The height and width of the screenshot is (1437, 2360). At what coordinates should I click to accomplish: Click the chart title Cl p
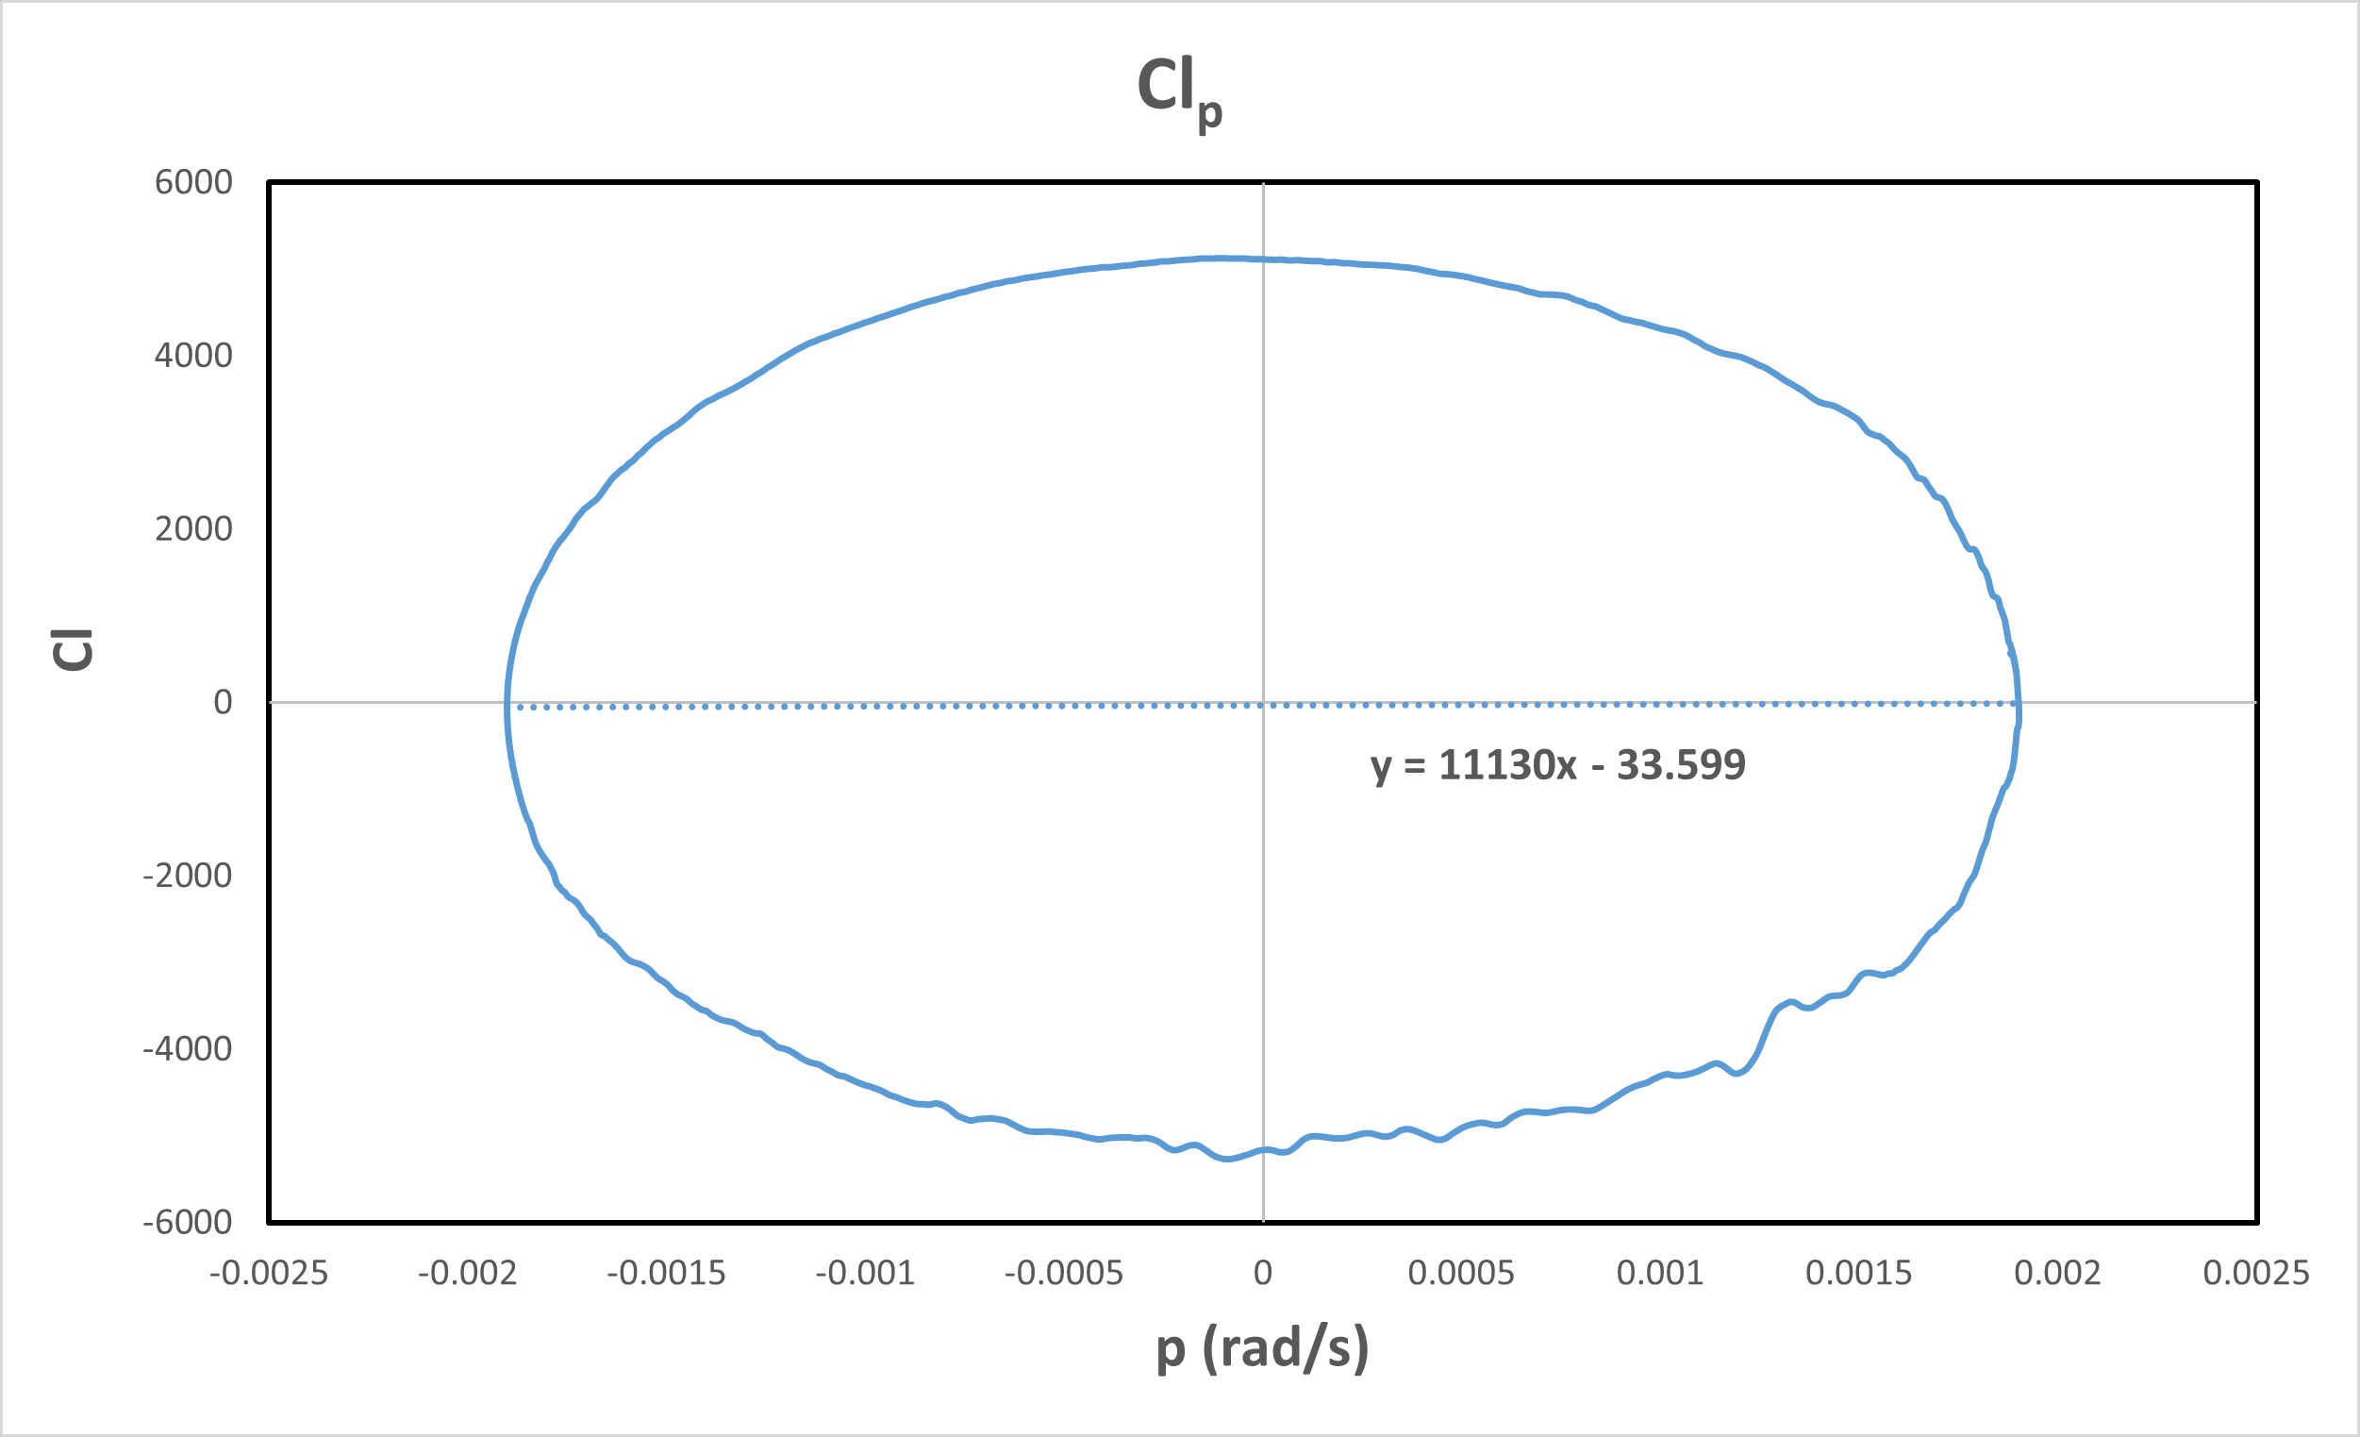coord(1178,91)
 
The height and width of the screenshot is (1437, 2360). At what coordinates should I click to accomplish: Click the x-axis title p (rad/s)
coord(1262,1348)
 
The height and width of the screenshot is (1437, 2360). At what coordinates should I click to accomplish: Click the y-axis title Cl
coord(73,649)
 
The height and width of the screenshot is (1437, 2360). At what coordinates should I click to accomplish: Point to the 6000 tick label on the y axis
coord(193,182)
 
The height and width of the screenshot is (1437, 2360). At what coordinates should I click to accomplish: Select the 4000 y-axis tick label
coord(193,356)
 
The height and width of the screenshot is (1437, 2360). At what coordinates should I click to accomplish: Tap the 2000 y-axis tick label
coord(193,528)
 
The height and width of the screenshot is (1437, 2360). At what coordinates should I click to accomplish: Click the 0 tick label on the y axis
coord(223,702)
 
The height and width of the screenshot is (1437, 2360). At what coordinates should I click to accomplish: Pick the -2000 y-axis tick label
coord(188,876)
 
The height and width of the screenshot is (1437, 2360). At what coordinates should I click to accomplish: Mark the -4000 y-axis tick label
coord(188,1049)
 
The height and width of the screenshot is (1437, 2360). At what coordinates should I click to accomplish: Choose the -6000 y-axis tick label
coord(188,1223)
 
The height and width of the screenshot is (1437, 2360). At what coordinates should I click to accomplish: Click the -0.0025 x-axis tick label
coord(269,1273)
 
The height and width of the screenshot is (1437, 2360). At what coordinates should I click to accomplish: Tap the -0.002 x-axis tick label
coord(468,1273)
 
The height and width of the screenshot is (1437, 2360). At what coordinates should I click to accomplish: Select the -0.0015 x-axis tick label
coord(667,1273)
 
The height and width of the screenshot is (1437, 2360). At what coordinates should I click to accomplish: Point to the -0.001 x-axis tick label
coord(865,1273)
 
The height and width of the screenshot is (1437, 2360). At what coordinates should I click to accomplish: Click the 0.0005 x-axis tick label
coord(1461,1273)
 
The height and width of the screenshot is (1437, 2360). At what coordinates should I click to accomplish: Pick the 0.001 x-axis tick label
coord(1660,1273)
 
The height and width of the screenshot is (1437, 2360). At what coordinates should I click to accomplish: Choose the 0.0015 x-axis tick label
coord(1858,1273)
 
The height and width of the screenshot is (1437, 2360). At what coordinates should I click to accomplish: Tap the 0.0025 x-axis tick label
coord(2255,1273)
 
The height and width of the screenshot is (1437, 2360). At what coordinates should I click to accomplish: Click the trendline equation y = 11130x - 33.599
coord(1557,765)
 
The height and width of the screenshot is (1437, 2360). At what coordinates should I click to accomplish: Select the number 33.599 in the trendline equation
coord(1681,765)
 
